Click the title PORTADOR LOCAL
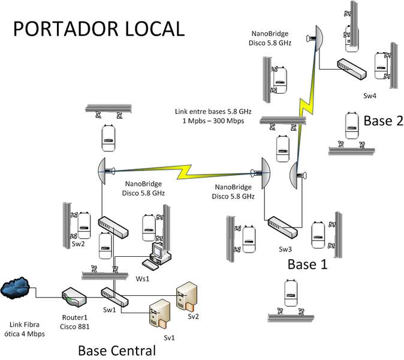tap(99, 28)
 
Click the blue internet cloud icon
tap(17, 287)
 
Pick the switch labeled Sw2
tap(113, 227)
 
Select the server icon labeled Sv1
tap(159, 314)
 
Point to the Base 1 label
tap(307, 265)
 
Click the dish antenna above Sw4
tap(316, 39)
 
